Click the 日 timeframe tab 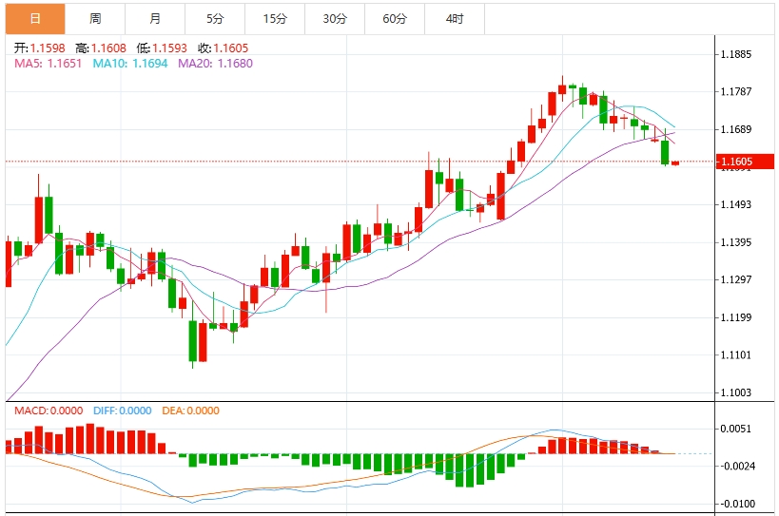tap(35, 19)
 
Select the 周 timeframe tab tap(95, 19)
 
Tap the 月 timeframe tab tap(155, 19)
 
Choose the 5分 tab tap(215, 19)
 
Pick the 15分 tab tap(275, 19)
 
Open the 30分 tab tap(335, 19)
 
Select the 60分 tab tap(395, 19)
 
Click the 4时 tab tap(455, 19)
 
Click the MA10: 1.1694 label tap(129, 63)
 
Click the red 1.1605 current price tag tap(743, 162)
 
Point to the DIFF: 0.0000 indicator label tap(123, 411)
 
